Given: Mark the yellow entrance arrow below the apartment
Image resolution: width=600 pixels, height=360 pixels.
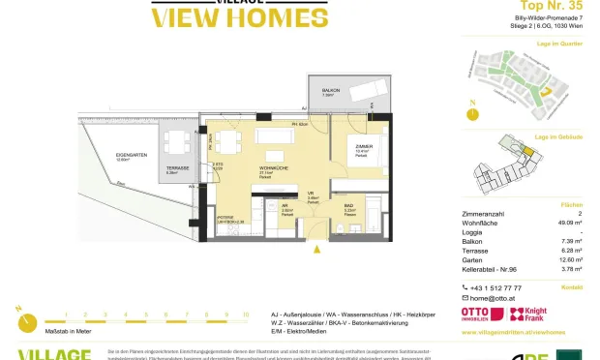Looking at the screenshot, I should [315, 249].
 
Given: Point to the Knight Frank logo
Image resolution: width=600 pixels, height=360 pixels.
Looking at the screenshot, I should [530, 314].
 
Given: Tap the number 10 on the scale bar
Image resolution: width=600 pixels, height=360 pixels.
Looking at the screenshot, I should [246, 315].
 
